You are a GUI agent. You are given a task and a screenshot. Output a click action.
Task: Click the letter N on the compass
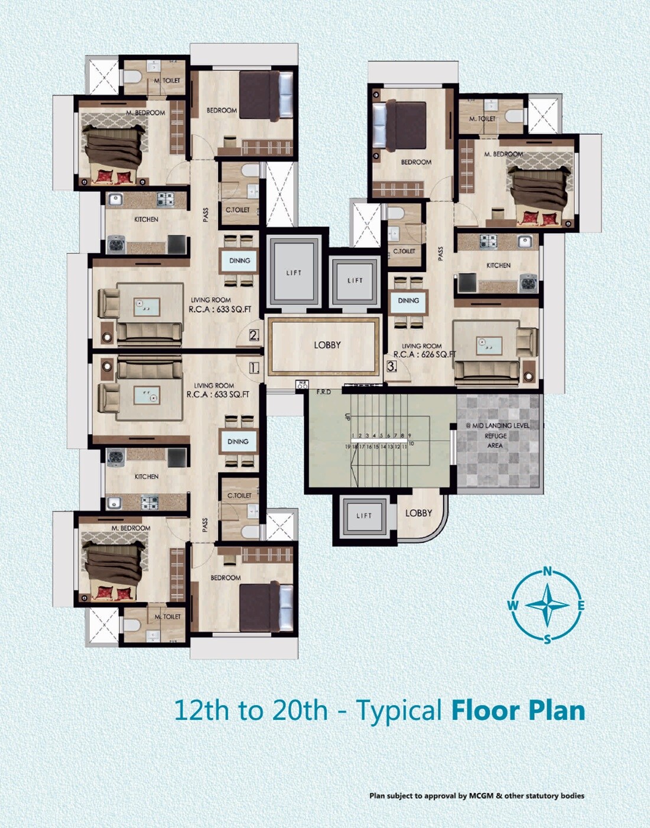click(547, 571)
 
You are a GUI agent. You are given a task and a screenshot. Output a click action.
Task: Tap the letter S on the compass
click(547, 639)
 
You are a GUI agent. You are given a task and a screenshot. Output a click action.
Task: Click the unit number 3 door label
click(391, 366)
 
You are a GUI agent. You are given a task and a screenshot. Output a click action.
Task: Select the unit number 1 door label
click(254, 368)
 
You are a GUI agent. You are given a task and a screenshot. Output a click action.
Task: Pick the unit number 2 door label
click(254, 335)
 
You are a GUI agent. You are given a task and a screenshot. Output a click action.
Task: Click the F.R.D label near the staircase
click(324, 392)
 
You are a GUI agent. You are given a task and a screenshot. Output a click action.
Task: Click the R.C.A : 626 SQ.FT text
click(424, 355)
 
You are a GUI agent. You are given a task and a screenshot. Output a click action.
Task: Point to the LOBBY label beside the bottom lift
click(418, 513)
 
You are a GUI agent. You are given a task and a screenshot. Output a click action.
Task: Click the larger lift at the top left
click(294, 273)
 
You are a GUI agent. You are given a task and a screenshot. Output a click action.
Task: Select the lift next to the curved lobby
click(364, 516)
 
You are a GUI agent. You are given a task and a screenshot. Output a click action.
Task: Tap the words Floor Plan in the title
click(518, 710)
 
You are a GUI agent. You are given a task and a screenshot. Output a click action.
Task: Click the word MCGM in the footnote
click(482, 795)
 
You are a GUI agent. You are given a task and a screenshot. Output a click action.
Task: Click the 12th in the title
click(201, 710)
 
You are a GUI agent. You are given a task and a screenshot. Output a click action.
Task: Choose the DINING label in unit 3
click(408, 300)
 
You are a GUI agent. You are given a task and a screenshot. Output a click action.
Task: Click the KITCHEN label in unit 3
click(498, 266)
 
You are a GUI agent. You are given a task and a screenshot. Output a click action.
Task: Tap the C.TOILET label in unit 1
click(239, 496)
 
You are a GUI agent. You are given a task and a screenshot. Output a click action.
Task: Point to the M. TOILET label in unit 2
click(168, 80)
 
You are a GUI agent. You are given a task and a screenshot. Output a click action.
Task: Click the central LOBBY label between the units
click(327, 345)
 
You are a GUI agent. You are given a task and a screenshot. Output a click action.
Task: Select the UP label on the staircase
click(347, 416)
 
